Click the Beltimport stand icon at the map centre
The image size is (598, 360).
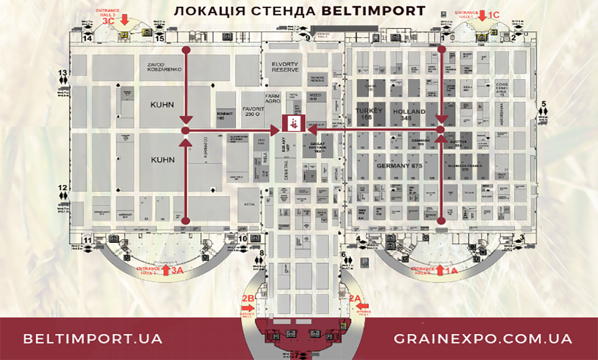292,123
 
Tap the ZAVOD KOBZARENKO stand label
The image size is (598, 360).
164,67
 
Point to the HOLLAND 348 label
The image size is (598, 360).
409,115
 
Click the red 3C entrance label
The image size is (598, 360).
108,21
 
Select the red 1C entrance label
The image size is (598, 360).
493,14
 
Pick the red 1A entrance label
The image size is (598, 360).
450,270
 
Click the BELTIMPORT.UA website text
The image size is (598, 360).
93,339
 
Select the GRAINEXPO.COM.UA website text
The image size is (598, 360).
483,339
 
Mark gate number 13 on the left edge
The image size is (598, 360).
62,73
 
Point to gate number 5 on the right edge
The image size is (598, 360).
543,104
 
